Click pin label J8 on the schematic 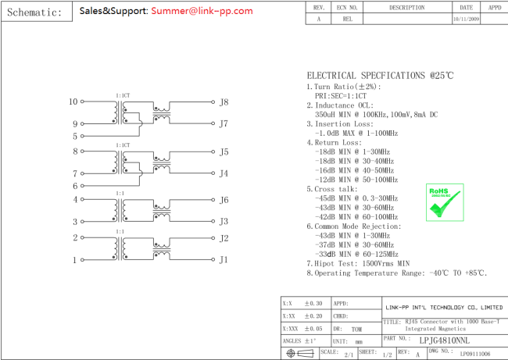click(224, 102)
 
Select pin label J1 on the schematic click(224, 260)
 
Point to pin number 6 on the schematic click(76, 186)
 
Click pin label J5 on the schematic click(224, 152)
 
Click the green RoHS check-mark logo click(443, 202)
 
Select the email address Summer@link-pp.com click(202, 11)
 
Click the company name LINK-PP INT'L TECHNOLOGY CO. click(444, 307)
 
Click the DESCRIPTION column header click(406, 7)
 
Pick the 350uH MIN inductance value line click(376, 114)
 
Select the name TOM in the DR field click(356, 330)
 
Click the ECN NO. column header click(347, 7)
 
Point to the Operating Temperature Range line click(396, 273)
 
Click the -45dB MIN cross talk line click(356, 198)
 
